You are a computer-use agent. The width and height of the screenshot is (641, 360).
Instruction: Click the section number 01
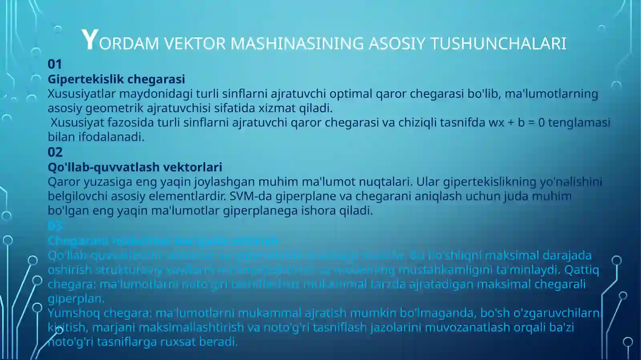55,64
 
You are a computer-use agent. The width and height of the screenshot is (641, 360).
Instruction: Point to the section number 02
55,152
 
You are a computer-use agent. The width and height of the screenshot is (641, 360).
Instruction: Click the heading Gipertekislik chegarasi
116,79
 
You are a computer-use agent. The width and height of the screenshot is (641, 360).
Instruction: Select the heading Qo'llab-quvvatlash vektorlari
135,167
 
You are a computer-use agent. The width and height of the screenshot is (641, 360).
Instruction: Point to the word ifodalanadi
111,137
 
